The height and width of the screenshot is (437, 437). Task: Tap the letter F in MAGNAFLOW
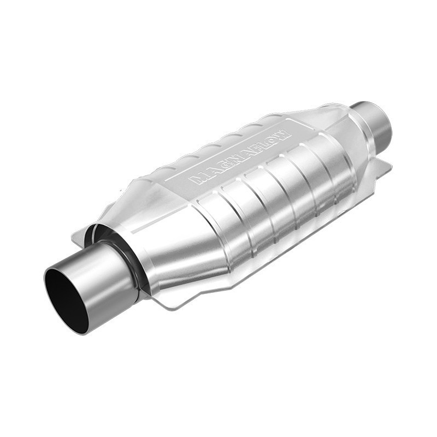(253, 150)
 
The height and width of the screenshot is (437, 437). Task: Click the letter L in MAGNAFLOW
(263, 145)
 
